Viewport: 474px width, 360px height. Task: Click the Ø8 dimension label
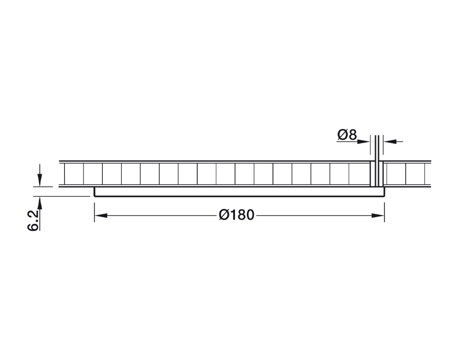tap(347, 135)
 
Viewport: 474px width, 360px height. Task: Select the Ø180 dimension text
tap(237, 215)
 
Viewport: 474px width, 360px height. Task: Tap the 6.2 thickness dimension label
tap(33, 220)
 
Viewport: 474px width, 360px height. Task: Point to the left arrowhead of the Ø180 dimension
tap(101, 216)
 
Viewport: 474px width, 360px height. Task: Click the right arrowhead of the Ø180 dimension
tap(377, 216)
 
